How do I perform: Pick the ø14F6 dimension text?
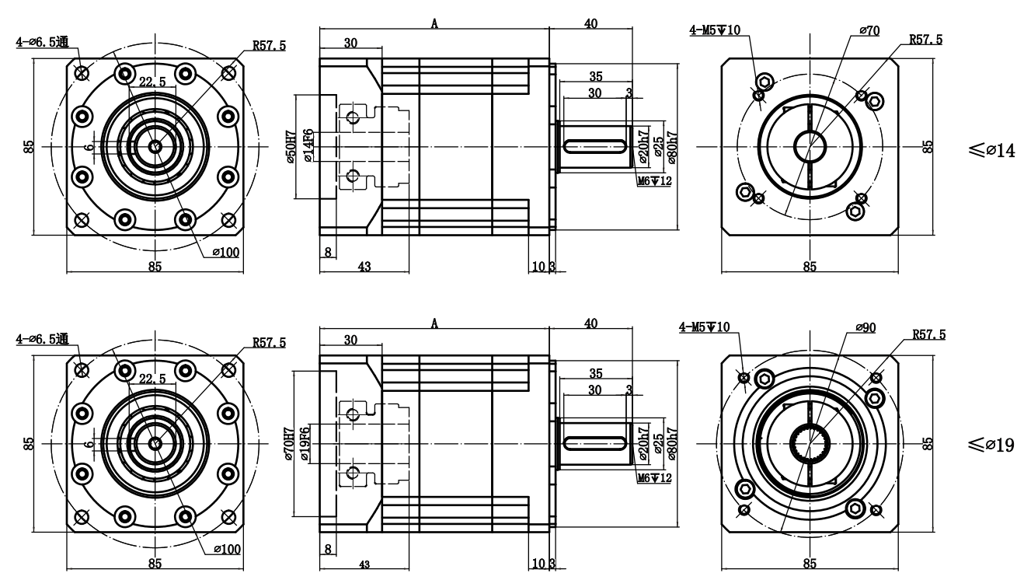click(x=308, y=146)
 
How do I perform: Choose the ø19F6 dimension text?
click(x=308, y=444)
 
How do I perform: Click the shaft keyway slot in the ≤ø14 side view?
click(x=595, y=145)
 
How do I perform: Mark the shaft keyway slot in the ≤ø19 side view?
click(x=595, y=443)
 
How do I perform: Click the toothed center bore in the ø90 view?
click(x=810, y=445)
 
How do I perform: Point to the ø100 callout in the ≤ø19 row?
click(x=228, y=549)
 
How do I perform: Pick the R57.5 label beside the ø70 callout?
click(x=925, y=40)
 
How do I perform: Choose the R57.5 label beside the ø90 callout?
click(x=928, y=335)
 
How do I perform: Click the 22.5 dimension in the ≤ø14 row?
click(x=152, y=81)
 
